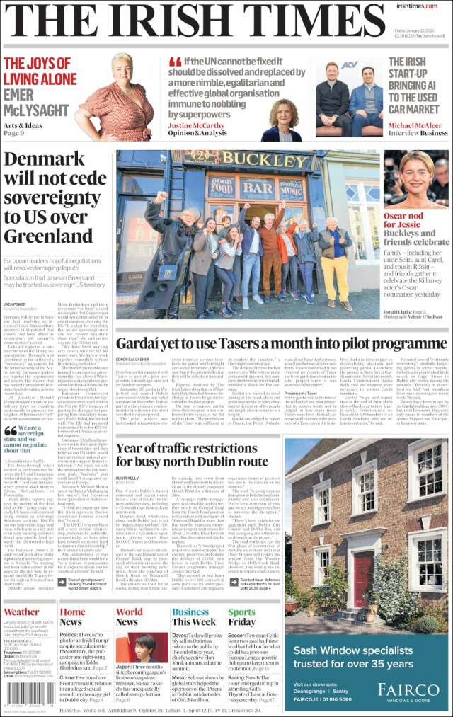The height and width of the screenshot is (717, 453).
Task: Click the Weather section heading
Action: coord(22,612)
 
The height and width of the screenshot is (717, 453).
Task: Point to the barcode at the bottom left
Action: coord(29,693)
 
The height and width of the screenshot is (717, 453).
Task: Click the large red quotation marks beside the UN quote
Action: coord(176,62)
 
